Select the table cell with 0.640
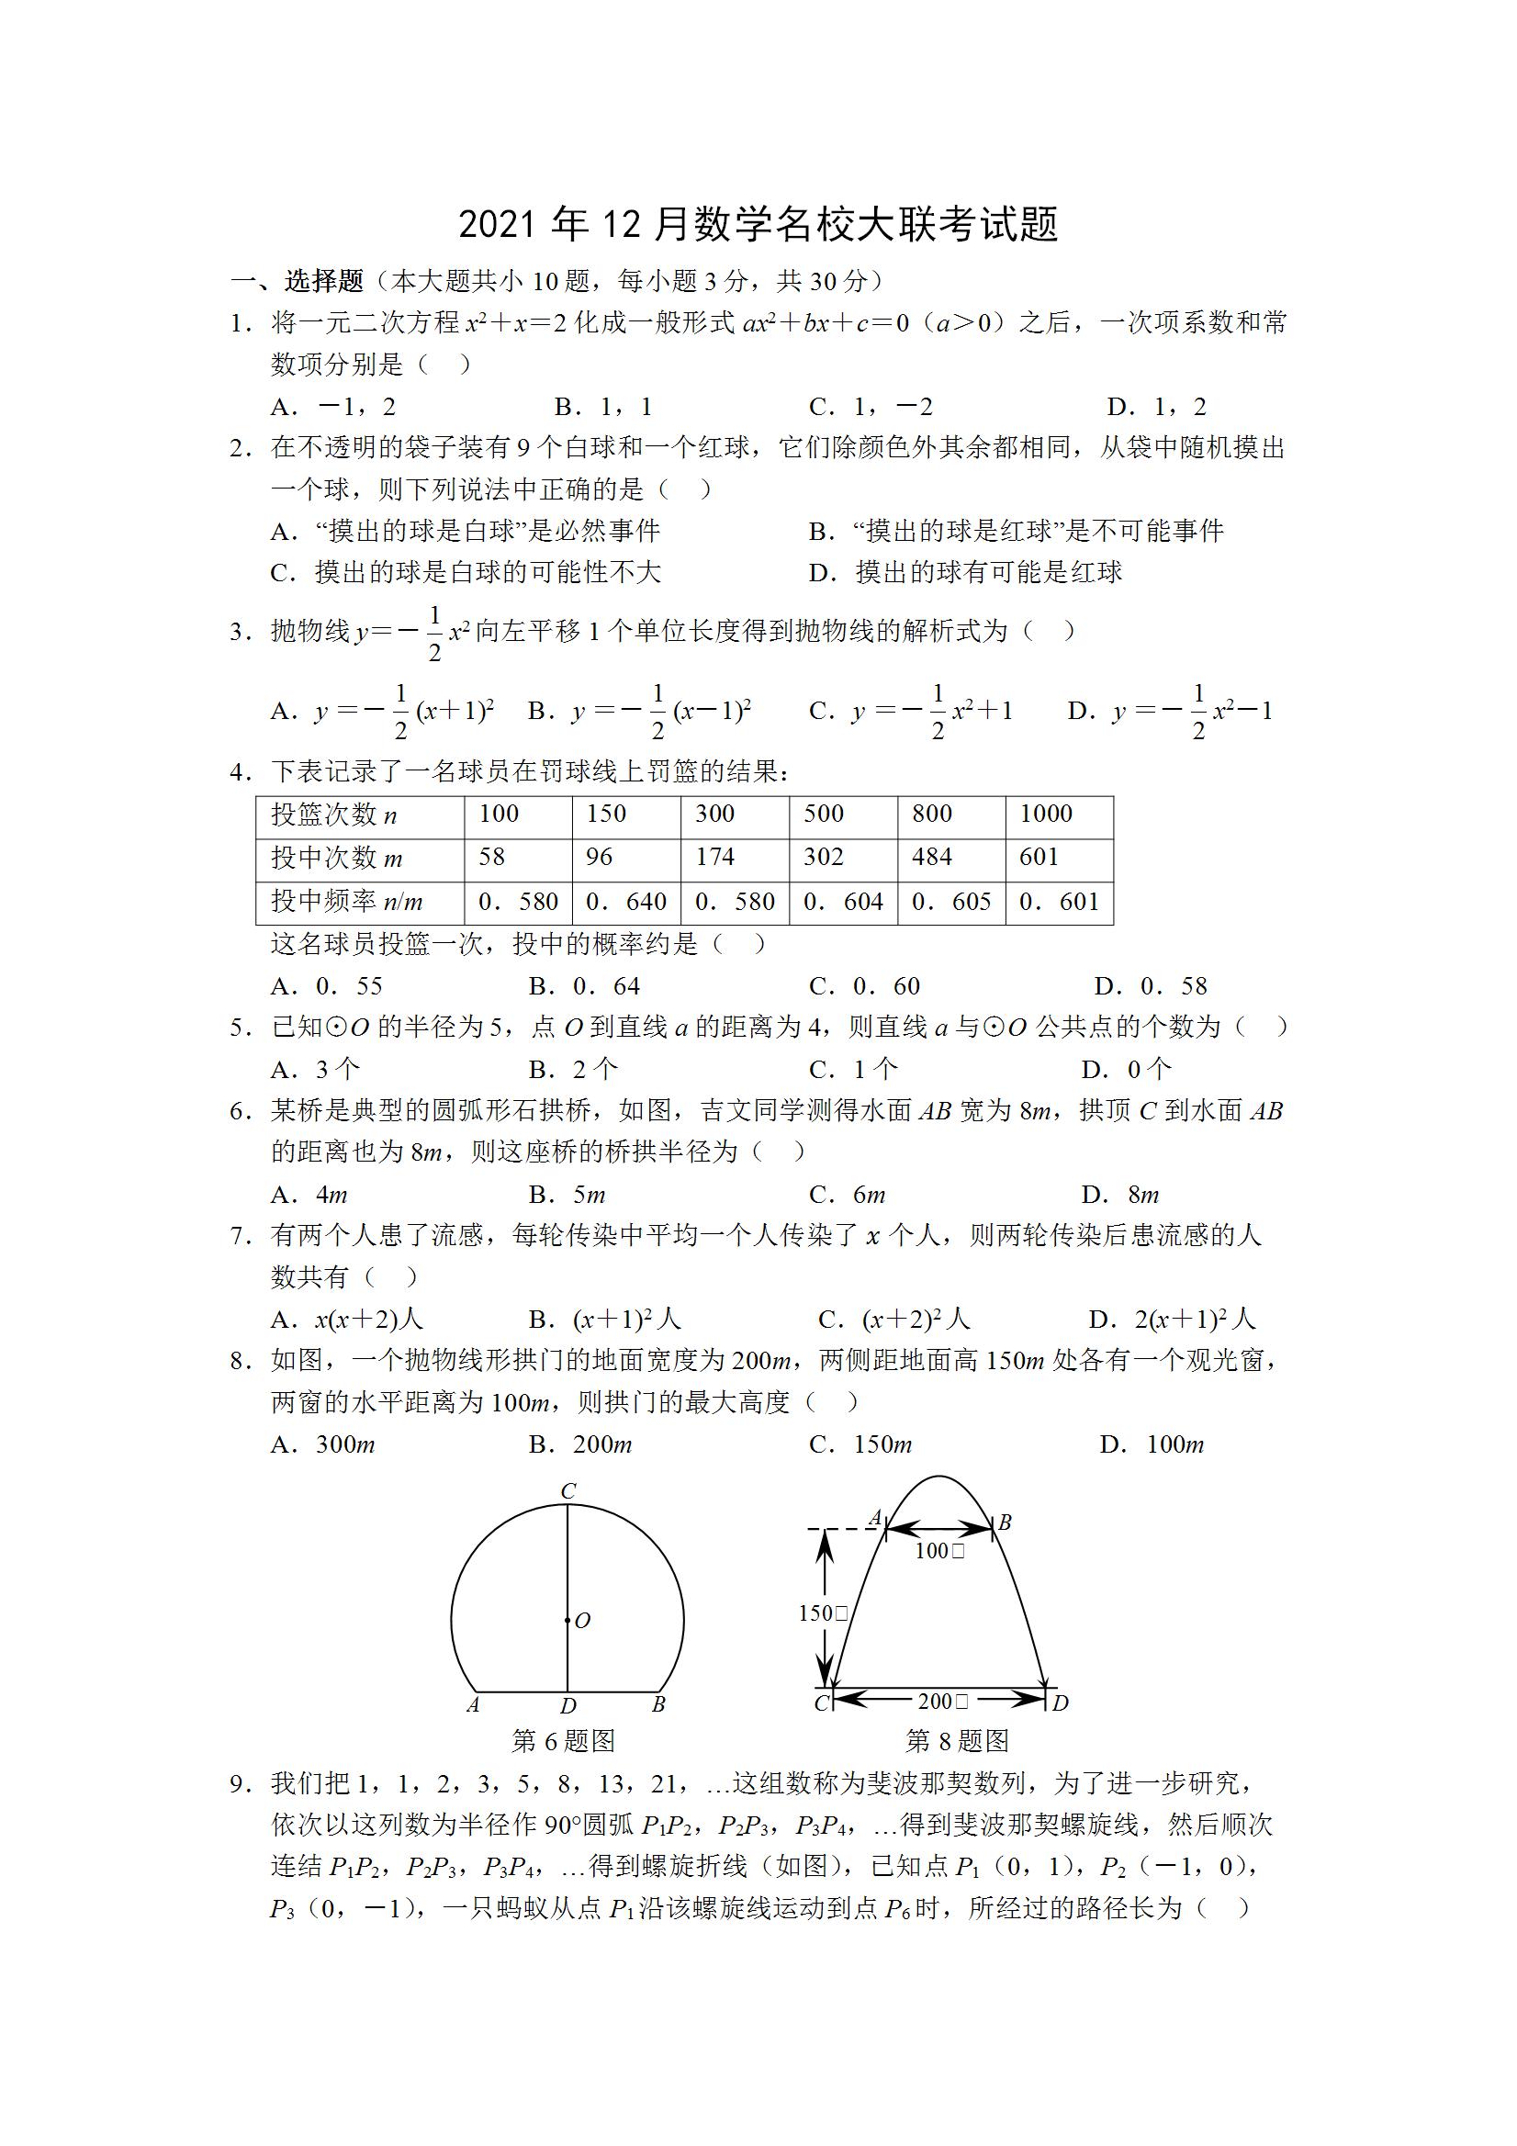(x=626, y=902)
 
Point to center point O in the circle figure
(x=568, y=1621)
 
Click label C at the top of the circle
(x=567, y=1491)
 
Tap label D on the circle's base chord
(x=567, y=1706)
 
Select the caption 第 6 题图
(x=564, y=1740)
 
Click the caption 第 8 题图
(x=957, y=1740)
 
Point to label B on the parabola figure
(x=1005, y=1522)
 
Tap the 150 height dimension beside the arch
(x=823, y=1613)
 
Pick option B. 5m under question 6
(x=567, y=1195)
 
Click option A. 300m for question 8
(x=322, y=1444)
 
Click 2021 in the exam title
(x=498, y=225)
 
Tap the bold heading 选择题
(x=323, y=280)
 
